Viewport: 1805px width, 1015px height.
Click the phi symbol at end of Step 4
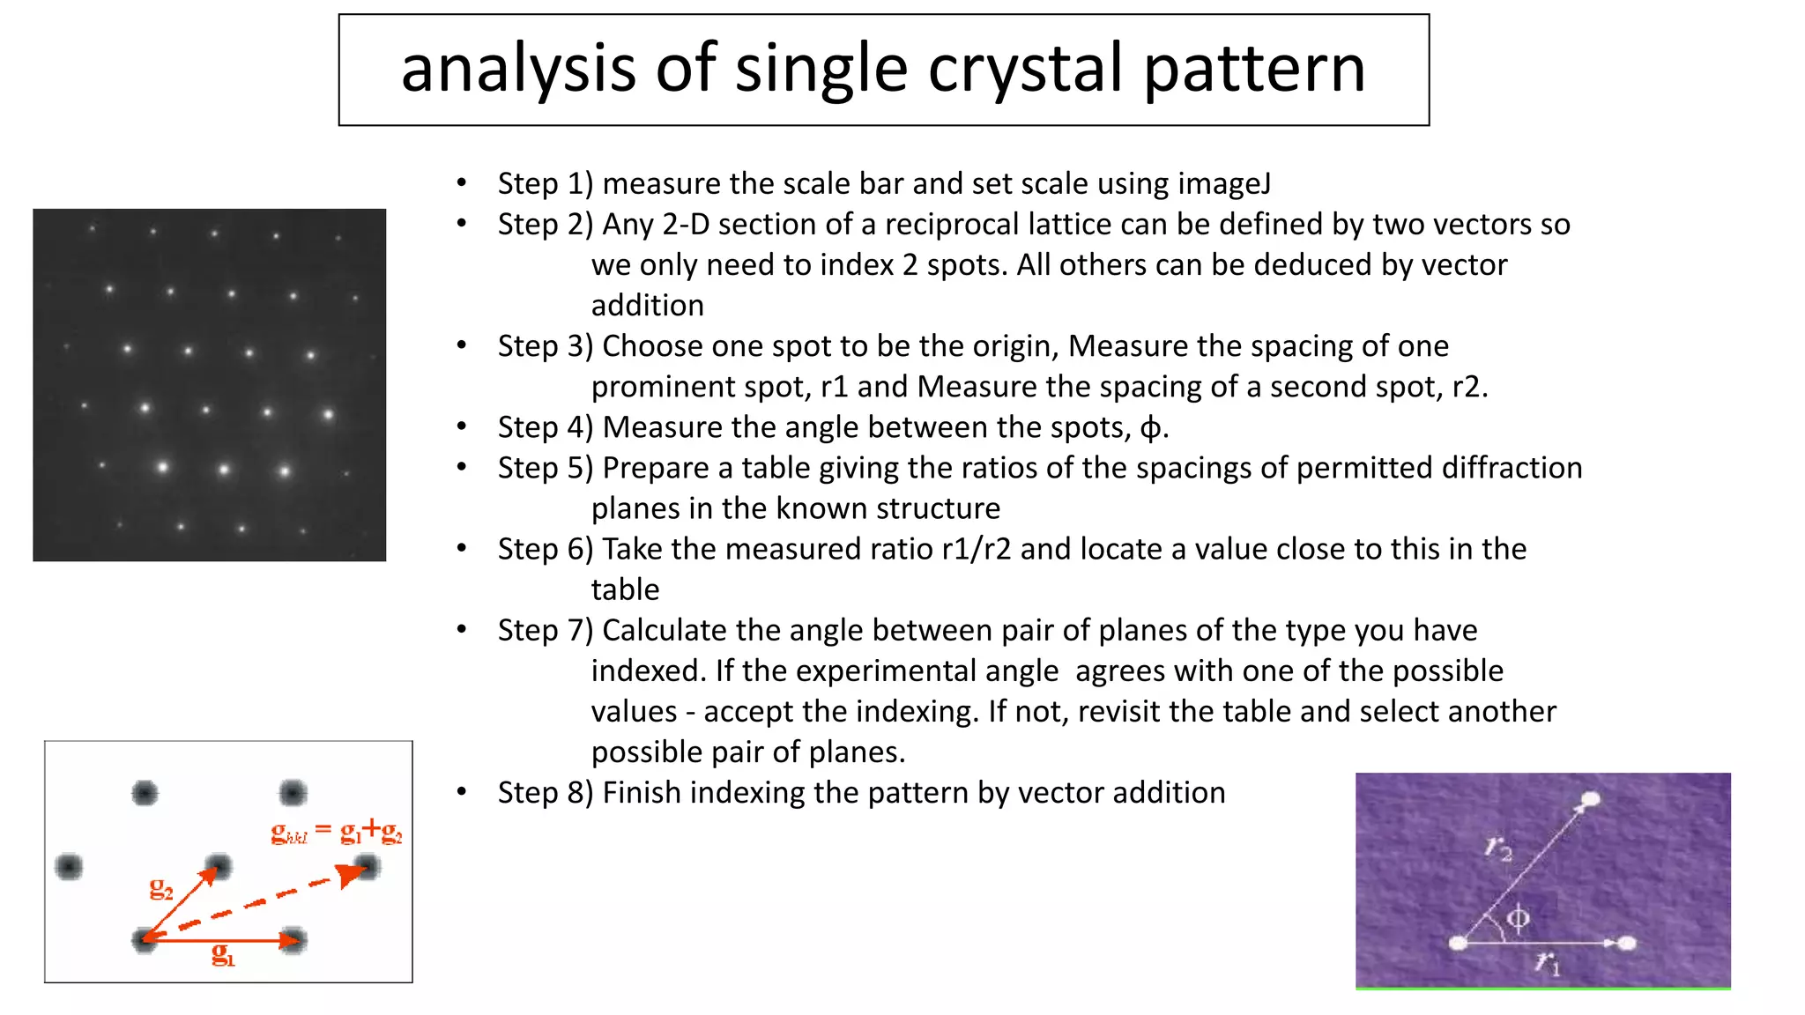pos(1150,428)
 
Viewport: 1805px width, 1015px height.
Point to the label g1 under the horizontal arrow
pos(223,955)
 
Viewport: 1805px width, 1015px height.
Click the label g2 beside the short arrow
pos(161,889)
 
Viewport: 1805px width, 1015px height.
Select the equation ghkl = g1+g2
pos(336,832)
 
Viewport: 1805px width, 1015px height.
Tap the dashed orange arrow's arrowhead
pos(352,874)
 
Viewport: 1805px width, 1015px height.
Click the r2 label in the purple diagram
pos(1498,848)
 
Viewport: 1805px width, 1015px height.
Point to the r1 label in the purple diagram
pos(1548,962)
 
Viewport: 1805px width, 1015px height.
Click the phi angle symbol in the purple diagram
pos(1518,919)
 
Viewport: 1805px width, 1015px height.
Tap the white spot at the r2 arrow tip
pos(1590,800)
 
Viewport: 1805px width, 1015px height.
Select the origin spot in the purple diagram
pos(1459,944)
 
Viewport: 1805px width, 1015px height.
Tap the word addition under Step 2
pos(647,306)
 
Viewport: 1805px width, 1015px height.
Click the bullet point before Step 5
pos(462,468)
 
